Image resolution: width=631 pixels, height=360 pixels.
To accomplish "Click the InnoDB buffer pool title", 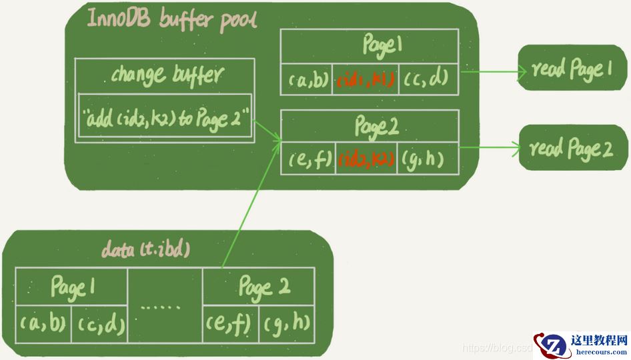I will point(173,21).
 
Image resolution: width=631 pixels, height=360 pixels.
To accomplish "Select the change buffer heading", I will point(164,74).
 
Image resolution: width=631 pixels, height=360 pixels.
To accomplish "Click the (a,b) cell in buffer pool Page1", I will point(307,80).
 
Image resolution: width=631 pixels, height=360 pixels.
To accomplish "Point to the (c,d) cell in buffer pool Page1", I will point(425,80).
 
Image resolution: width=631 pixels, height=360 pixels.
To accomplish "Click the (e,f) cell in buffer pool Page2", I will point(309,160).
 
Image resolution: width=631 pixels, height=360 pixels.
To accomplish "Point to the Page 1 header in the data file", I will point(72,287).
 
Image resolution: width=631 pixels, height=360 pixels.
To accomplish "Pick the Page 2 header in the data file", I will point(258,287).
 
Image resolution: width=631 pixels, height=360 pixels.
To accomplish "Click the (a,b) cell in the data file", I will point(43,323).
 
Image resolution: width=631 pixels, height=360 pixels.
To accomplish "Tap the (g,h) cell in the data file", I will point(286,323).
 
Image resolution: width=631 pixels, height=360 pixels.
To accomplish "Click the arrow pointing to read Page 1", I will point(489,69).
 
